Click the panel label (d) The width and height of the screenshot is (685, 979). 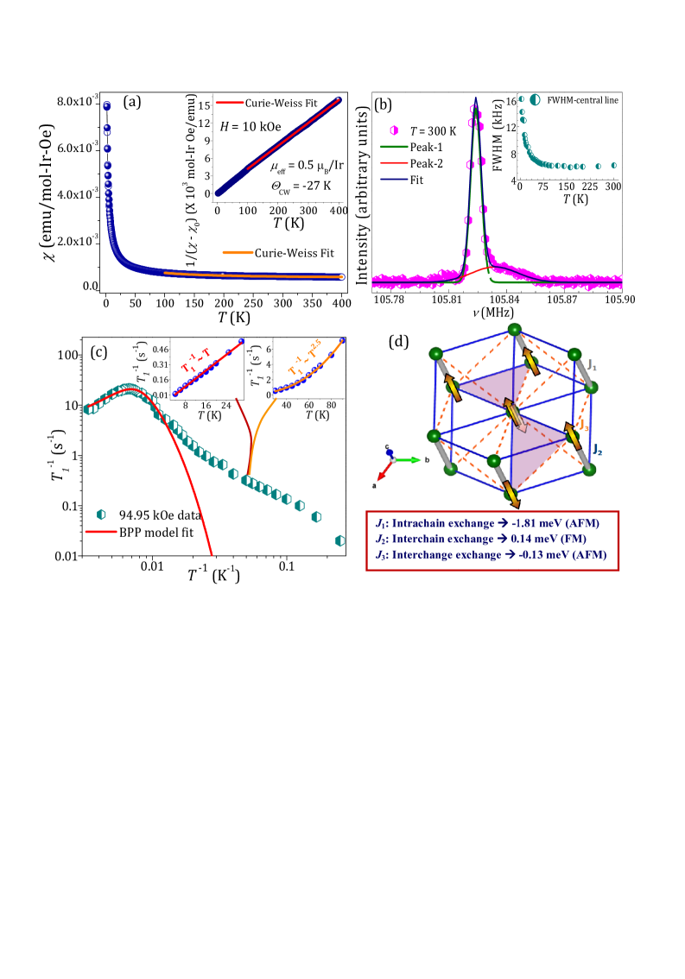tap(398, 342)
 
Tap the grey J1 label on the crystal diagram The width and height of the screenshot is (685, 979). tap(593, 366)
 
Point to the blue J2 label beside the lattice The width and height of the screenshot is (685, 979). tap(597, 449)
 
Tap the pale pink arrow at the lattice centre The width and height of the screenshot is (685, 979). tap(517, 422)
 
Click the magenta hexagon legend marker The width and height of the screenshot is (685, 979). tap(394, 130)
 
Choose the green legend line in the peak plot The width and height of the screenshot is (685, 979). tap(394, 147)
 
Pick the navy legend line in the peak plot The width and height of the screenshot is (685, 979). tap(394, 179)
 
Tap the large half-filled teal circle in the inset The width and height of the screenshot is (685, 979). tap(535, 100)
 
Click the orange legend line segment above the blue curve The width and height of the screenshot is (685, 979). tap(238, 252)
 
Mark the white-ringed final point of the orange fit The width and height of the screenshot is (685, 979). tap(341, 277)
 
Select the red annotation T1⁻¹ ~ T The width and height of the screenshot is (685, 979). tap(195, 360)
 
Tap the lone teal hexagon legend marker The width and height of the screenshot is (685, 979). tap(101, 515)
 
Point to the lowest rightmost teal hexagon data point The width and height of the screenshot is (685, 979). tap(339, 540)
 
